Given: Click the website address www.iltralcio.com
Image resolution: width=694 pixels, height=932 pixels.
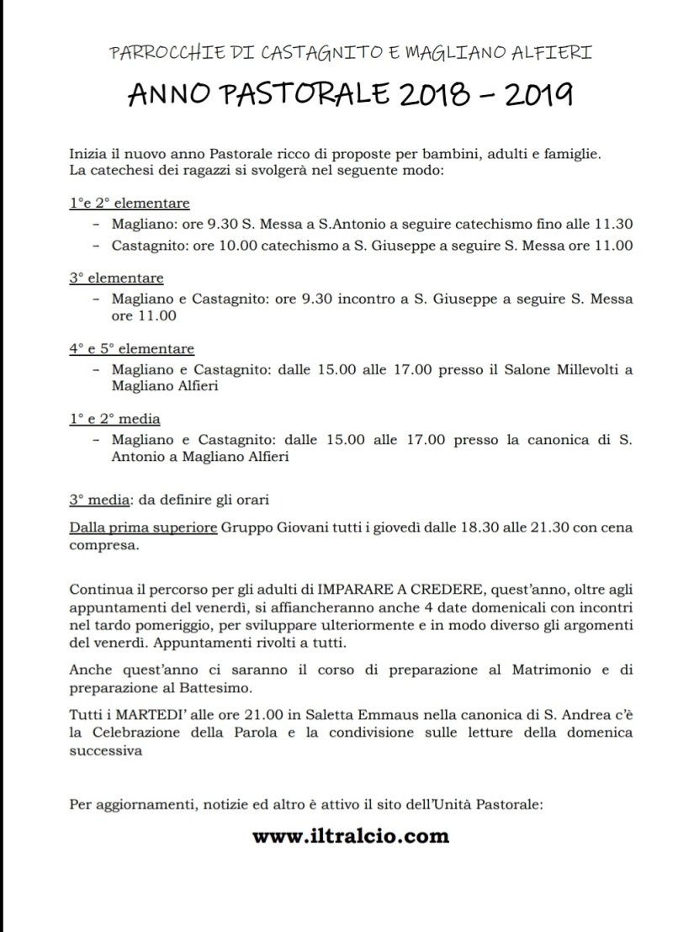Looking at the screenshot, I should [x=350, y=836].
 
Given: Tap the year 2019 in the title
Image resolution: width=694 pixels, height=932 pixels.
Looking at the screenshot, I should [x=538, y=96].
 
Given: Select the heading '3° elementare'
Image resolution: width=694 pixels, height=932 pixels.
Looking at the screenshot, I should [x=116, y=278].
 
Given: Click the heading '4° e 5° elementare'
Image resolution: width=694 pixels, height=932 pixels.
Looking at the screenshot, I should [x=131, y=349].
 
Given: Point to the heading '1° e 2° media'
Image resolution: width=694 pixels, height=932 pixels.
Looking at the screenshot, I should [x=114, y=419].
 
